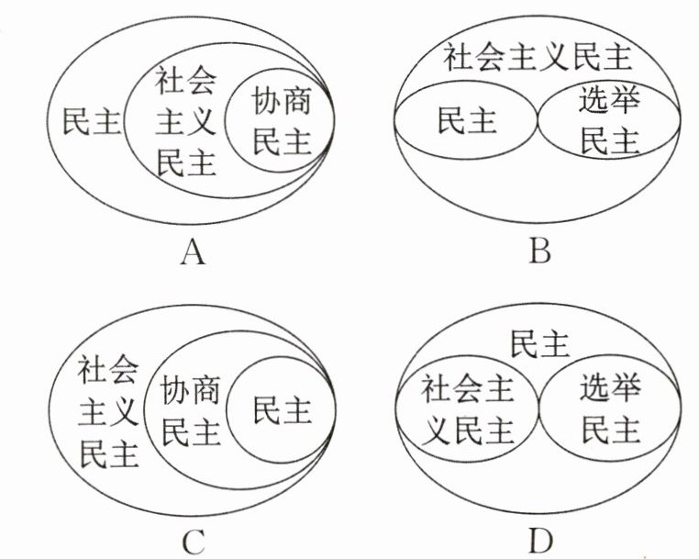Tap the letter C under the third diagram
pyautogui.click(x=192, y=542)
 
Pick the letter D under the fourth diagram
pyautogui.click(x=540, y=541)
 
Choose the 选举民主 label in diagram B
pyautogui.click(x=609, y=122)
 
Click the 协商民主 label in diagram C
pyautogui.click(x=191, y=412)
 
